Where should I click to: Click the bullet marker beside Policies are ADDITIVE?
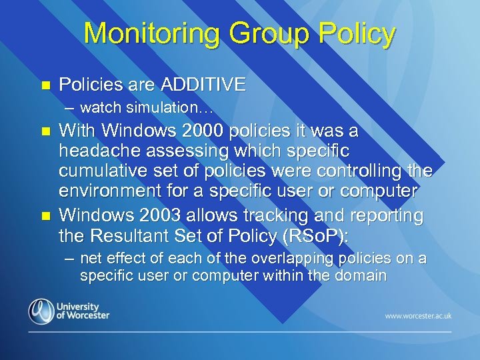(45, 85)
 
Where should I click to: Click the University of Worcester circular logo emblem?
(42, 311)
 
